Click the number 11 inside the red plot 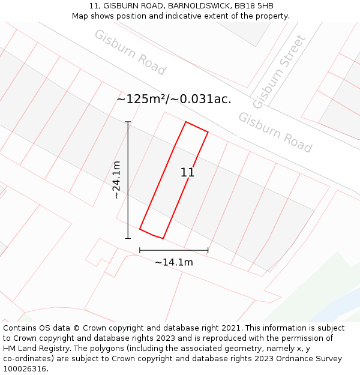[187, 173]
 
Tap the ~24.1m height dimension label [116, 180]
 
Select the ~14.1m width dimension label [174, 262]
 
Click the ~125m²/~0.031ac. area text [173, 99]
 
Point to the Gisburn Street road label [279, 72]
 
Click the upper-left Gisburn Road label [130, 52]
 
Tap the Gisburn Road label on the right [275, 133]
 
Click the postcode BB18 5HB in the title [254, 6]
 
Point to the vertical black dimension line [128, 180]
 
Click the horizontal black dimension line [174, 250]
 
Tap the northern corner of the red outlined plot [186, 122]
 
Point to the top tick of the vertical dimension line [128, 122]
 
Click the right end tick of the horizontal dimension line [208, 250]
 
